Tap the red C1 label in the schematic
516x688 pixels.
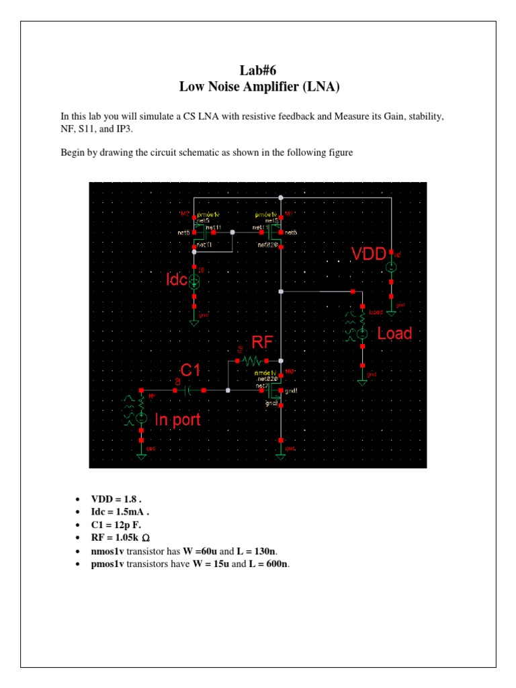190,370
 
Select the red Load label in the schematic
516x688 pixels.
394,333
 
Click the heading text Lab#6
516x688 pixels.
258,72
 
